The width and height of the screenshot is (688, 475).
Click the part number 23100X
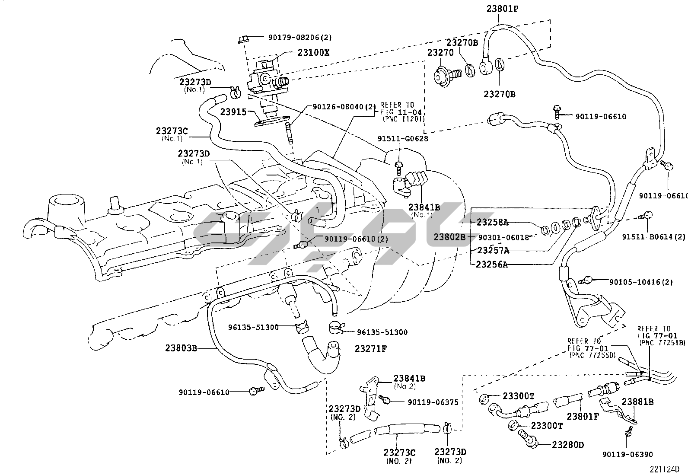point(313,53)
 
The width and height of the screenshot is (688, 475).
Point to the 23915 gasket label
point(233,112)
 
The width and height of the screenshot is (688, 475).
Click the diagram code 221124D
point(664,469)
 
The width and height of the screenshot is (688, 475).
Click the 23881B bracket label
point(637,402)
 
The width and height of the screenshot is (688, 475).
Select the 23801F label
point(583,416)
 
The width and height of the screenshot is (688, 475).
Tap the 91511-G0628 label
point(402,139)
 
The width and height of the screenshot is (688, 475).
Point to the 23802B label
point(449,237)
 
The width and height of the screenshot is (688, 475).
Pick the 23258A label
point(492,223)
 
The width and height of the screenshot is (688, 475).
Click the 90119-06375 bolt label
point(433,402)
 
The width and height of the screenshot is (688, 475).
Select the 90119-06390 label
point(627,454)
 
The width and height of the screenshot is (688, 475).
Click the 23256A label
point(492,265)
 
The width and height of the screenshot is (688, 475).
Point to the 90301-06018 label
point(503,237)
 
